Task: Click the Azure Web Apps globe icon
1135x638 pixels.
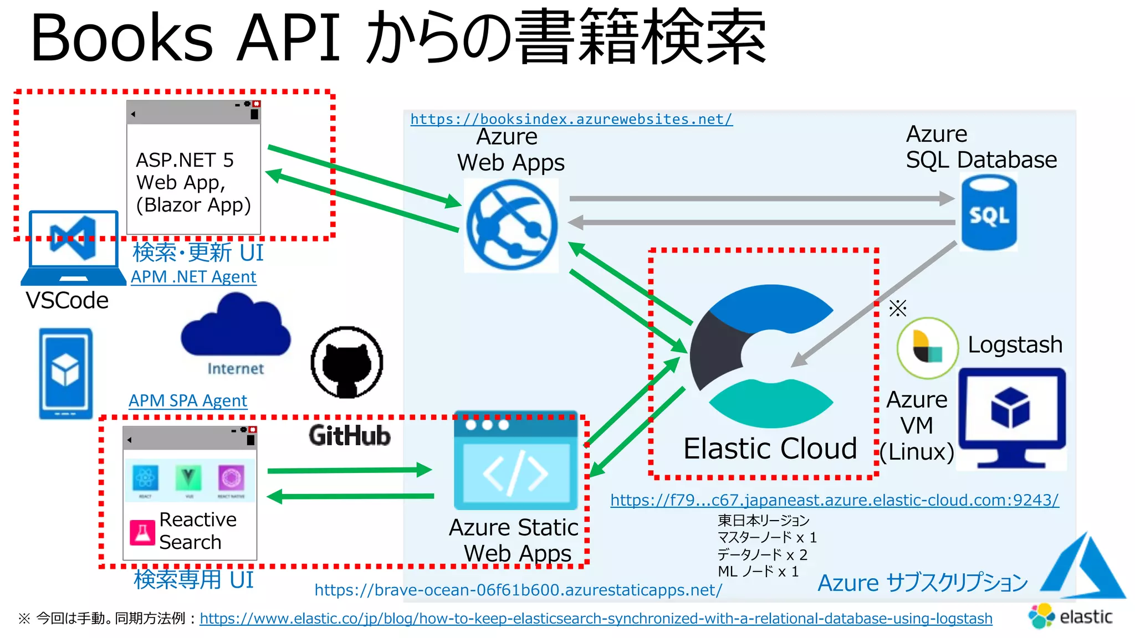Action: (511, 225)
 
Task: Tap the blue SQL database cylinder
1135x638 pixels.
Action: (989, 213)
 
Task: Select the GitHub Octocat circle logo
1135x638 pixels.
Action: (347, 362)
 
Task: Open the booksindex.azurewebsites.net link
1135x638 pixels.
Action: (571, 119)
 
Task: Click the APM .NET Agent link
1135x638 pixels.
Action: (193, 276)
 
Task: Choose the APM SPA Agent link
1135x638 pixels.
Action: (187, 400)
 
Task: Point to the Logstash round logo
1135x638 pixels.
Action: (927, 348)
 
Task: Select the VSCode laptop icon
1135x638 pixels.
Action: (73, 248)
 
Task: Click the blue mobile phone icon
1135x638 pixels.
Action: (65, 373)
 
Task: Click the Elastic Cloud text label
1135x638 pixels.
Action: (770, 449)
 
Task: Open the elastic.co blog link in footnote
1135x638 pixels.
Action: (595, 619)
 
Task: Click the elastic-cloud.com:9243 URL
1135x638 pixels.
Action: (834, 500)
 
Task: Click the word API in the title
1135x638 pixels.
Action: (288, 39)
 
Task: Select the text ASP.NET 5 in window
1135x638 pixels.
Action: (185, 160)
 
